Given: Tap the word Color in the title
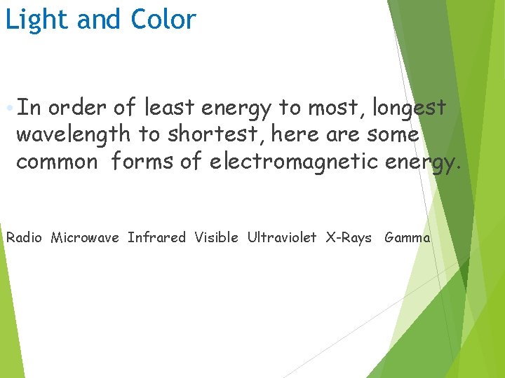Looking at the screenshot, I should click(163, 20).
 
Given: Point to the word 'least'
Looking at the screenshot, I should click(170, 108).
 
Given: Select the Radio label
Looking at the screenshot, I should click(25, 238).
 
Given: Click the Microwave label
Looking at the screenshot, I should click(85, 238).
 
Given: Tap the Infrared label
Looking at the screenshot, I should click(156, 238).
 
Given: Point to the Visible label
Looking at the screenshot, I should click(216, 238).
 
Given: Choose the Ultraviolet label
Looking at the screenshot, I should click(281, 238).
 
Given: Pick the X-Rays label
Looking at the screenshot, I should click(349, 238).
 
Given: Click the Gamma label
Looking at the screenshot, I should click(407, 238).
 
